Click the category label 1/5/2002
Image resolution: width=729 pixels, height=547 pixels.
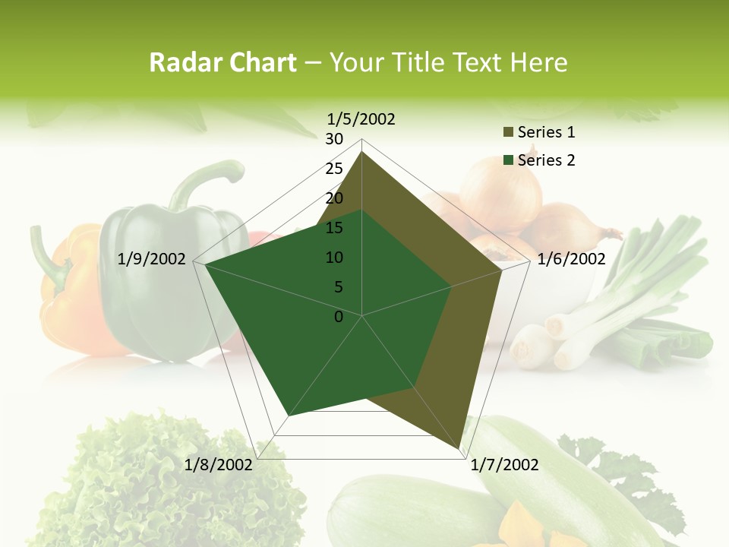[x=361, y=119]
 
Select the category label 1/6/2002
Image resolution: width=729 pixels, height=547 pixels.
[x=571, y=259]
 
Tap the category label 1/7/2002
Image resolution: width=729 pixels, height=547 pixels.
[x=504, y=465]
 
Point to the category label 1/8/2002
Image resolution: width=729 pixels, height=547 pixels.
[x=219, y=465]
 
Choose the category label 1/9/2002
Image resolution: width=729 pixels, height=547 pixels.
[x=152, y=259]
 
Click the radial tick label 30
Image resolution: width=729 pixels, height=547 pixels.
[x=334, y=139]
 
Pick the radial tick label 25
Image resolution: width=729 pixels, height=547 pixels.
[x=334, y=169]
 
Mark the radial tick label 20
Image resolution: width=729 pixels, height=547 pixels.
[x=334, y=198]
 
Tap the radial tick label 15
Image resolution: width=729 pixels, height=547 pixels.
[x=334, y=228]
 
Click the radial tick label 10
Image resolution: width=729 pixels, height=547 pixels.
[x=334, y=258]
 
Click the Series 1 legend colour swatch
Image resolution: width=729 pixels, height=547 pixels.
[x=508, y=133]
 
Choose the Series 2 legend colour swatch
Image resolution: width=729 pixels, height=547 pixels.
[x=508, y=160]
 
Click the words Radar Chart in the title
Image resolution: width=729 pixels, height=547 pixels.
[x=222, y=63]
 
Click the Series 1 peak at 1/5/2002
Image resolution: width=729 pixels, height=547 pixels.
[x=362, y=152]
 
